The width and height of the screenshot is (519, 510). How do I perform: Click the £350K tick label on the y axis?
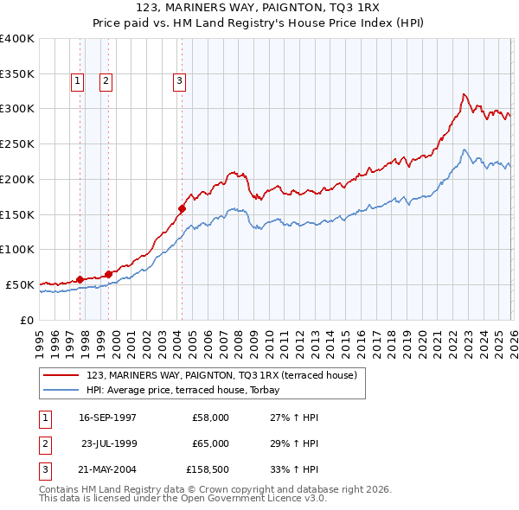(x=17, y=73)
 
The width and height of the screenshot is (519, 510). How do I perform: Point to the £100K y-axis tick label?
(x=17, y=249)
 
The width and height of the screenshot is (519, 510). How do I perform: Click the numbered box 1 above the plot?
(x=77, y=81)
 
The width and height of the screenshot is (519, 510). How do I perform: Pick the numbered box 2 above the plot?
(x=106, y=81)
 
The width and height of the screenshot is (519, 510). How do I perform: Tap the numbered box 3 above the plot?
(x=179, y=81)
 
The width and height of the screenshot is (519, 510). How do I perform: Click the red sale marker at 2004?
(x=183, y=208)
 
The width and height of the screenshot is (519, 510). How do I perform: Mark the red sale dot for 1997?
(x=80, y=279)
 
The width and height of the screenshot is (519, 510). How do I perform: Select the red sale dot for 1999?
(x=108, y=274)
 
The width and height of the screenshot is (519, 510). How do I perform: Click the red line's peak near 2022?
(x=465, y=94)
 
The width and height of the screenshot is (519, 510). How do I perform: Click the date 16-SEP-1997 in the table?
(x=107, y=417)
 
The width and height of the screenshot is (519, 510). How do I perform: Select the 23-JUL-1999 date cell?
(x=109, y=443)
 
